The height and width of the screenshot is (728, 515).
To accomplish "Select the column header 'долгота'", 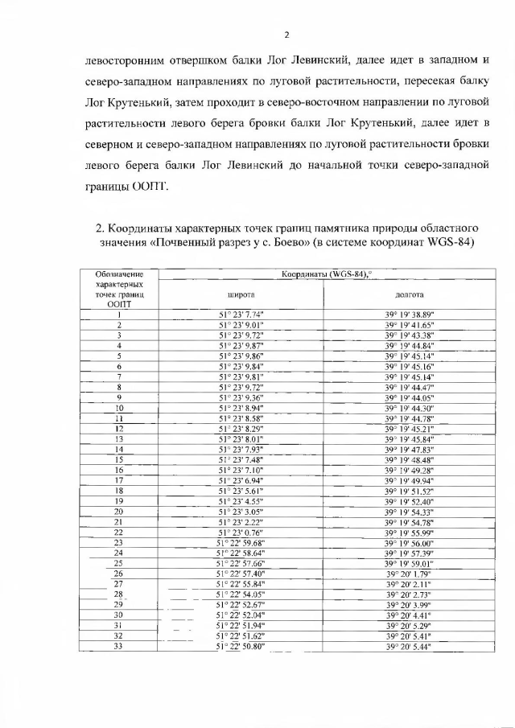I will (x=410, y=294).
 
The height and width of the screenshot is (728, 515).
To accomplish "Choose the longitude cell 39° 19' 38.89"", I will (x=410, y=314).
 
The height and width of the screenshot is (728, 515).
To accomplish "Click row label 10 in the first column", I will (x=119, y=408).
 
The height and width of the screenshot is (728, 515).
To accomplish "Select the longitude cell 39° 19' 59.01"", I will (x=410, y=563).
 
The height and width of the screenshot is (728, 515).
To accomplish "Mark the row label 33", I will (x=119, y=647).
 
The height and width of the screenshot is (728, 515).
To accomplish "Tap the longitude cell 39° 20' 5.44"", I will (x=410, y=647).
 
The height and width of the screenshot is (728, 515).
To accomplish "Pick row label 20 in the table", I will (x=119, y=511).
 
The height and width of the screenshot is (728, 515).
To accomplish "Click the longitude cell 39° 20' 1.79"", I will (x=410, y=574).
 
